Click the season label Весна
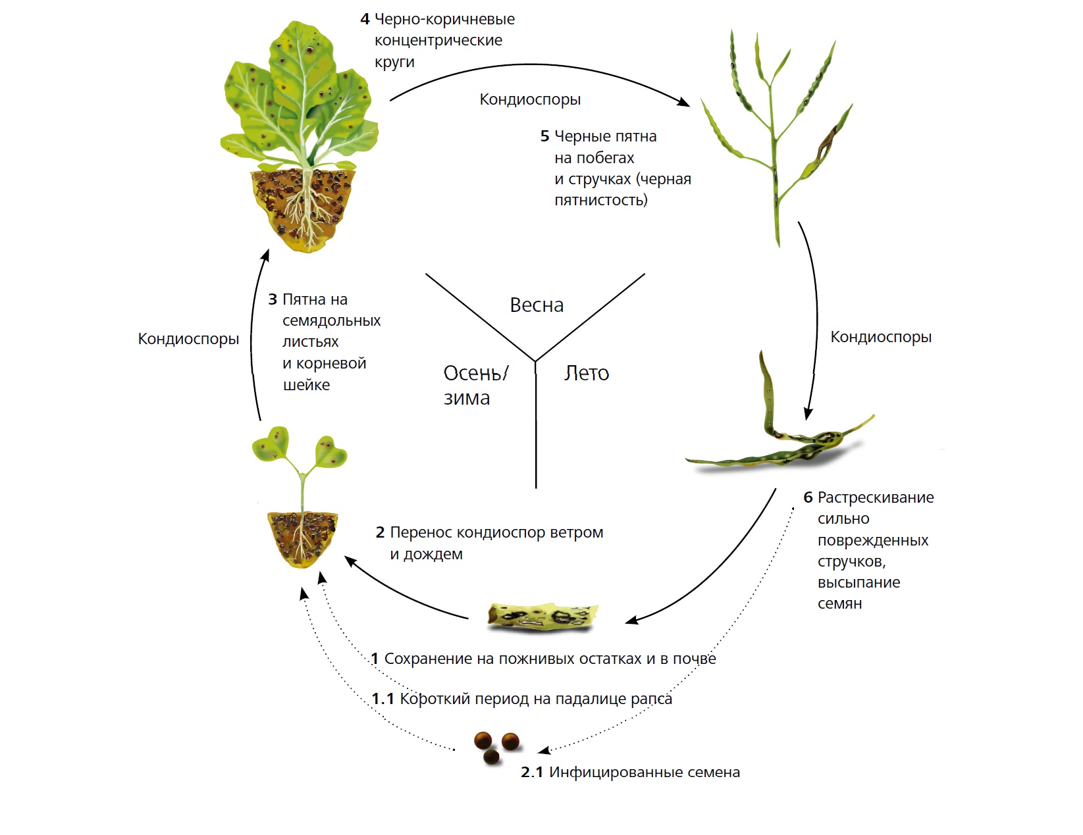tap(537, 305)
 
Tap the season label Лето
tap(587, 373)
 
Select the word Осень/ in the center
tap(475, 373)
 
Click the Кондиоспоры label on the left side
tap(188, 339)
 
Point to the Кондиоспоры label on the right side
tap(880, 337)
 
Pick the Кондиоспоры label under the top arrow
tap(530, 99)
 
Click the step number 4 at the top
tap(365, 19)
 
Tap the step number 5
tap(544, 136)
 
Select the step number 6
tap(808, 497)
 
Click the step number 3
tap(273, 299)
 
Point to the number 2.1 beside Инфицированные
tap(532, 772)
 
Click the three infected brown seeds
tap(496, 747)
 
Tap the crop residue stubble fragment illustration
tap(543, 617)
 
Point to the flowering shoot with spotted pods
tap(777, 132)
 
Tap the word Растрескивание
tap(876, 497)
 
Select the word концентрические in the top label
tap(438, 40)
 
